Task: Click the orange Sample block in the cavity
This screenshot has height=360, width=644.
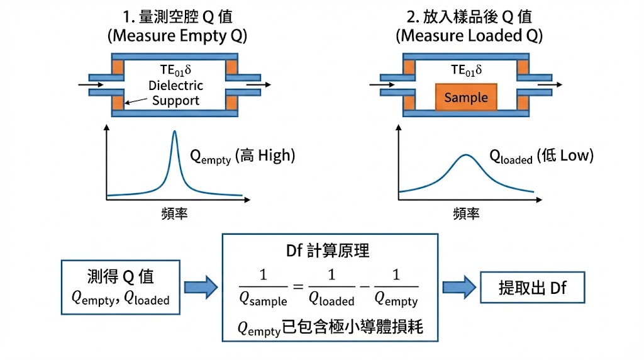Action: [x=466, y=98]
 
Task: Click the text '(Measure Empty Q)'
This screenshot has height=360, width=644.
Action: [x=179, y=35]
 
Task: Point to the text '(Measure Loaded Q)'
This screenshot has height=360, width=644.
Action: [x=469, y=35]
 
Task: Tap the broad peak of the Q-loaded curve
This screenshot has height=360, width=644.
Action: [x=465, y=155]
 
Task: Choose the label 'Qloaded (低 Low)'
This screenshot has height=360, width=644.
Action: [x=541, y=156]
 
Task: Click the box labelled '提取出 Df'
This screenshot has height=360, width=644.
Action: [x=532, y=288]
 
